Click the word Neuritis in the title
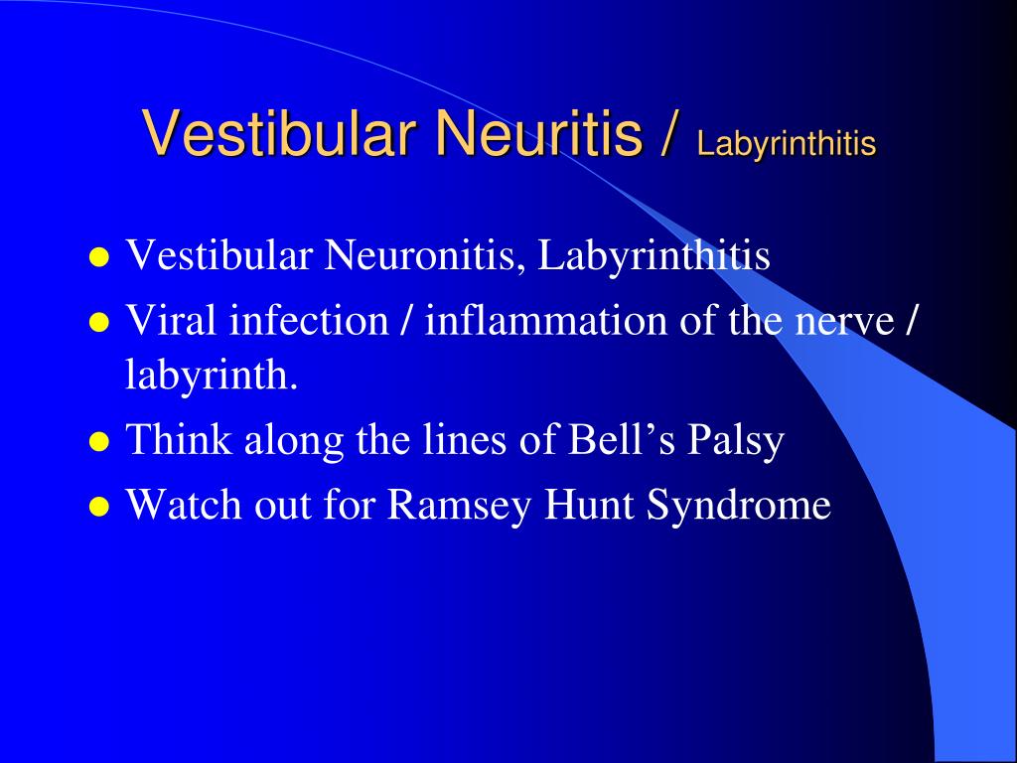point(536,134)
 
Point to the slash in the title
point(669,134)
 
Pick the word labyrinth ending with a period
point(212,377)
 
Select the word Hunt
point(592,505)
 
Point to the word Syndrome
point(739,505)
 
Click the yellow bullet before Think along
point(98,443)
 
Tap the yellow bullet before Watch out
point(98,508)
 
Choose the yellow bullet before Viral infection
point(98,323)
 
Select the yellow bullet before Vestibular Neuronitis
point(98,259)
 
